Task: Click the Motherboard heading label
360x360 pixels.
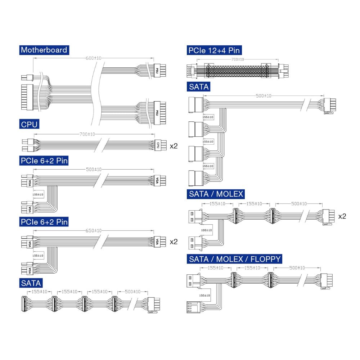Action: click(x=44, y=50)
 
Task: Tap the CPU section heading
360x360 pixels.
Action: click(x=30, y=125)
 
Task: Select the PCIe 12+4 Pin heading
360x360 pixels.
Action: click(x=214, y=50)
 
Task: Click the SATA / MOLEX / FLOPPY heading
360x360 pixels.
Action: click(x=235, y=259)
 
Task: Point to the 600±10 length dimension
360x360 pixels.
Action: click(x=93, y=58)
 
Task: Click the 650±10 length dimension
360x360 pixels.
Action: click(x=93, y=230)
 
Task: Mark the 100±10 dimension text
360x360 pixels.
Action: click(x=206, y=230)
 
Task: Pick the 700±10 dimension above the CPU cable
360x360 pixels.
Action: click(x=87, y=134)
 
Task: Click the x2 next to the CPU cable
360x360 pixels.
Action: click(x=174, y=146)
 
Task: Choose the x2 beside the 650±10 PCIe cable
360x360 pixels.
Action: click(x=174, y=242)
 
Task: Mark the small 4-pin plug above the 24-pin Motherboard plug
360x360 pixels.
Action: click(x=27, y=77)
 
